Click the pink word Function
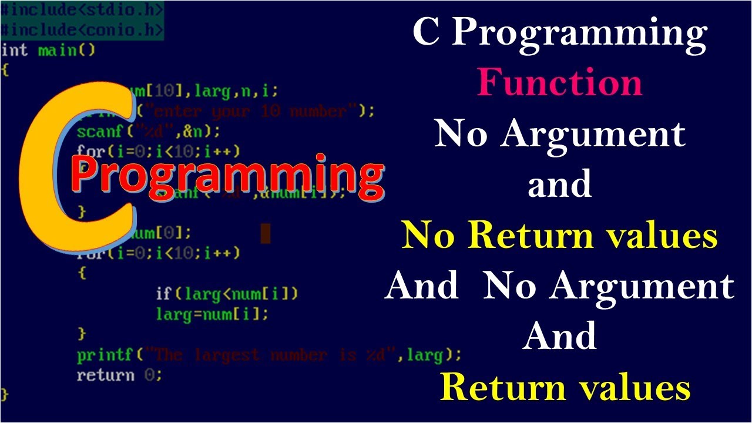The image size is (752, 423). (x=559, y=83)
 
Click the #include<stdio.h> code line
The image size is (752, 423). (x=82, y=10)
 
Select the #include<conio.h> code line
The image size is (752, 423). (x=82, y=29)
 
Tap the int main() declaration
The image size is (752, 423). (x=48, y=50)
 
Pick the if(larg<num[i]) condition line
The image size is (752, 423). (x=227, y=293)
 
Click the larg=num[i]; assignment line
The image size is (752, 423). (x=211, y=314)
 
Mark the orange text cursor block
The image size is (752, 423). (x=265, y=233)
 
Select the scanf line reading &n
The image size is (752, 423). (x=148, y=130)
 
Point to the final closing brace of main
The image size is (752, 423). (x=5, y=394)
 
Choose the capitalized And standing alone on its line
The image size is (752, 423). (x=559, y=337)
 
